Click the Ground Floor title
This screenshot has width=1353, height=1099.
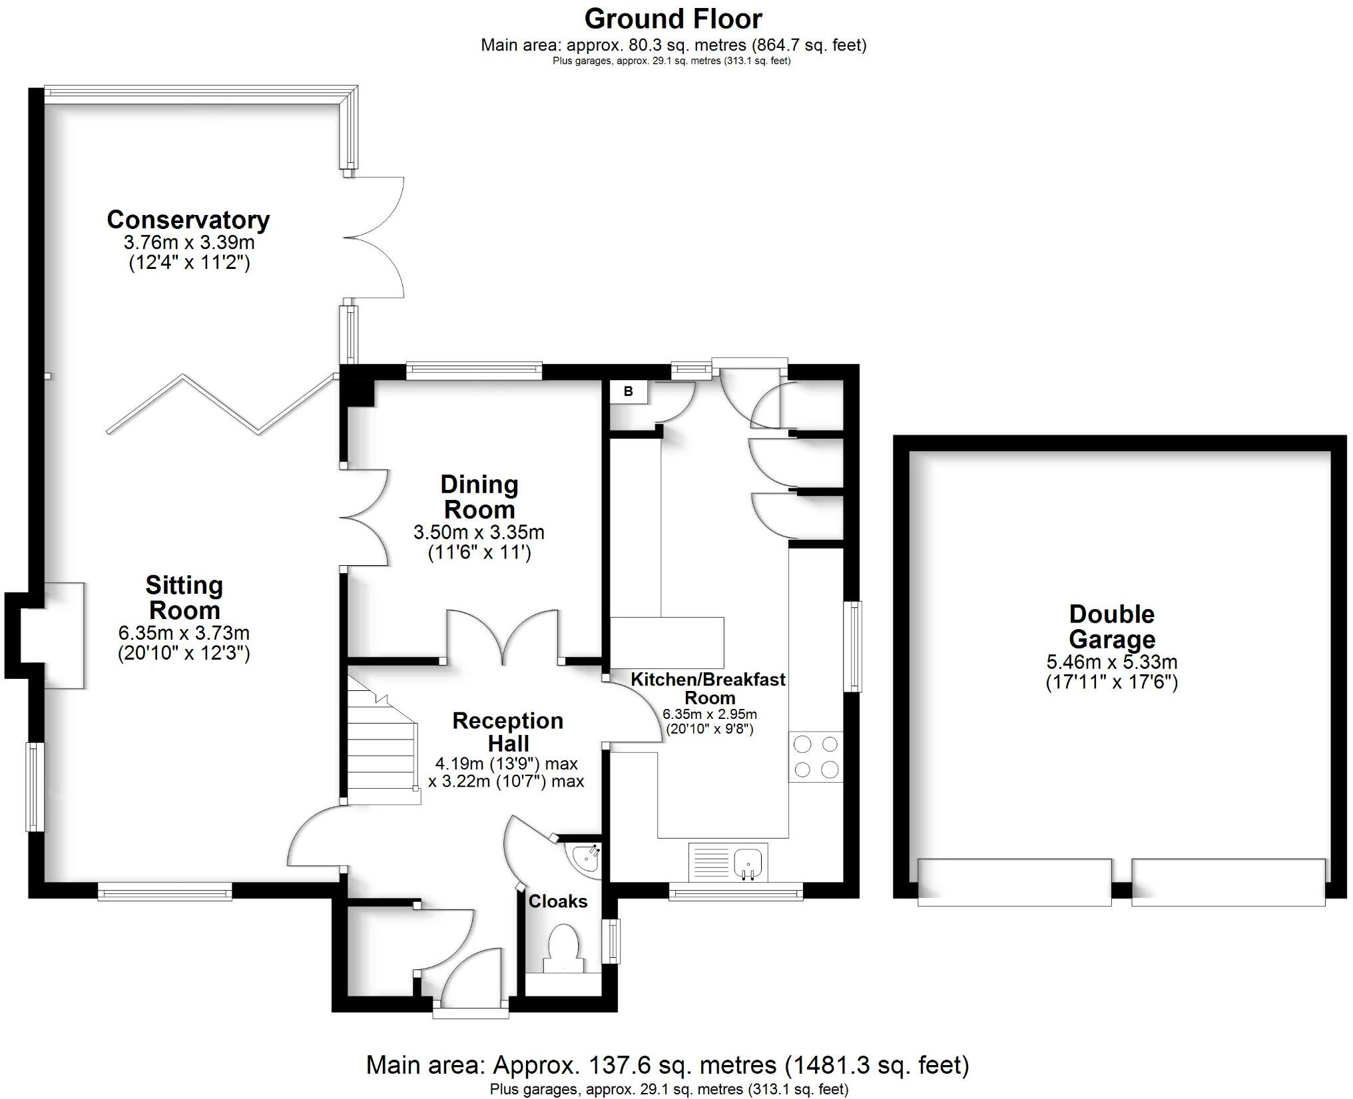coord(673,19)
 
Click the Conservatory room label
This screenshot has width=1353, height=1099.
coord(188,220)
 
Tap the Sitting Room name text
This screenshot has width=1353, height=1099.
coord(184,598)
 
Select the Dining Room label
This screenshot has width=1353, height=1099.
coord(479,497)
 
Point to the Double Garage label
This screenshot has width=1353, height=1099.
coord(1112,626)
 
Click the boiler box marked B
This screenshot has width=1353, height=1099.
coord(629,391)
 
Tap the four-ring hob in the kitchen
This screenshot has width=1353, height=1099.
coord(816,756)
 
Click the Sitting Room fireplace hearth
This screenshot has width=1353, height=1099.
coord(64,635)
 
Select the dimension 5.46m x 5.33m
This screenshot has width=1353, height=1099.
coord(1112,662)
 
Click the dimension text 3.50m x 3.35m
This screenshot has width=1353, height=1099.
coord(479,533)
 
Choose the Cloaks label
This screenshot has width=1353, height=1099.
coord(558,901)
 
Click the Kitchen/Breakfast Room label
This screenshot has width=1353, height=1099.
coord(708,688)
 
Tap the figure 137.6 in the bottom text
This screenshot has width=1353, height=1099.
coord(617,1065)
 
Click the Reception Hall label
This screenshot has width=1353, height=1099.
coord(508,732)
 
